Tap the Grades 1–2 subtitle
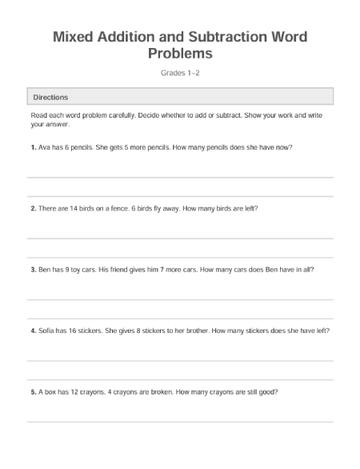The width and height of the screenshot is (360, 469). point(179,73)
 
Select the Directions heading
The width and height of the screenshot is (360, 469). point(50,97)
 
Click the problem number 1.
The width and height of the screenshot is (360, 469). point(33,147)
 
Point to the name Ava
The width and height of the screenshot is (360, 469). point(45,147)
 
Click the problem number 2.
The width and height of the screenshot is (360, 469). point(33,208)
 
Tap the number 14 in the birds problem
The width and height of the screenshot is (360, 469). point(76,208)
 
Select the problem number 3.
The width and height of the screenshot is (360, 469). point(33,270)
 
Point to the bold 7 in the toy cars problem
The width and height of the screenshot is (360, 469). point(162,270)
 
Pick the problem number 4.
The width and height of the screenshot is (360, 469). point(33,331)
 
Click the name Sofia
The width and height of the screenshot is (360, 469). point(47,331)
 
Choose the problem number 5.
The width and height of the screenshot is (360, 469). point(33,392)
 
